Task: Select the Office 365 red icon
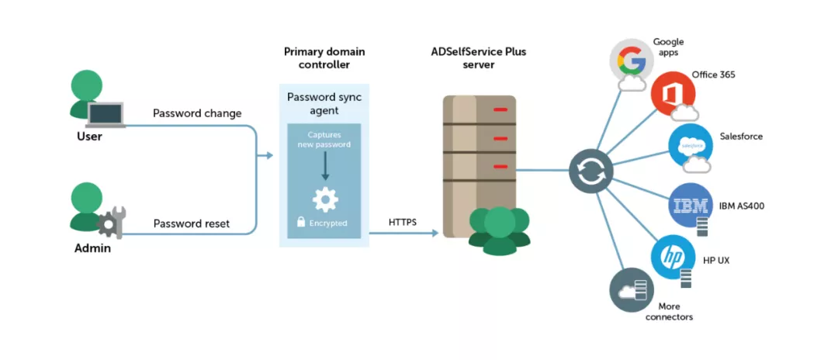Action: pos(673,95)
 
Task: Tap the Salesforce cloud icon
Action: pos(690,145)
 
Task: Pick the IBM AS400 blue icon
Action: pos(690,205)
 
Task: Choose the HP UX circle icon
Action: pos(672,257)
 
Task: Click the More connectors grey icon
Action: pos(631,290)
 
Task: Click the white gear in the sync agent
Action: pos(325,199)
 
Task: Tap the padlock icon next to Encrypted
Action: pos(301,223)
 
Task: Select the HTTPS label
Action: pos(403,223)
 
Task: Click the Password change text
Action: pos(197,113)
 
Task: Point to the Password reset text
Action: pos(192,223)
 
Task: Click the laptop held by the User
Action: pos(106,116)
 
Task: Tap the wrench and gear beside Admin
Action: pos(110,223)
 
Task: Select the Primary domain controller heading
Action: pos(324,58)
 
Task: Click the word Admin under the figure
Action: pos(93,248)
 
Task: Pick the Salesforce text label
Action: pos(741,137)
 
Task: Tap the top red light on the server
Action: pos(500,109)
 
